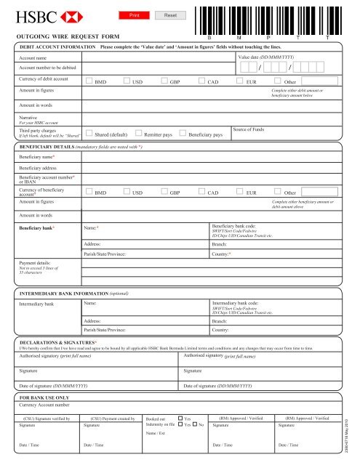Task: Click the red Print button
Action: pos(135,15)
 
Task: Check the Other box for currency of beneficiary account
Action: pos(277,193)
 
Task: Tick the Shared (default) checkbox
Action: pos(89,133)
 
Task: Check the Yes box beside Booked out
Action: pos(180,418)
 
